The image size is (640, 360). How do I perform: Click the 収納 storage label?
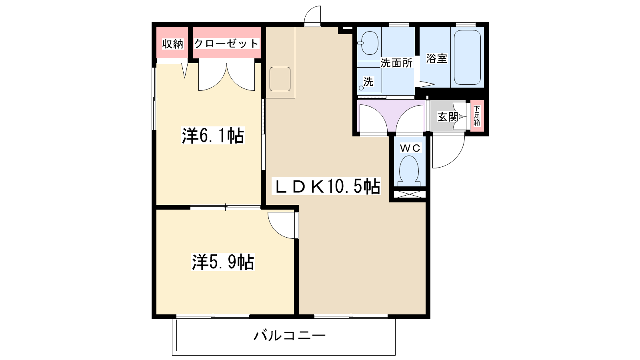coord(172,44)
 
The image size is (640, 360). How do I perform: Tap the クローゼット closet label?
coord(226,44)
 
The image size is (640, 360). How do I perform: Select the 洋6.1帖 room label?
coord(213,136)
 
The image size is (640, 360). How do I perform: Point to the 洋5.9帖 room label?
coord(223,262)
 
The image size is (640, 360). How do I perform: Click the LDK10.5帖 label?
coord(326,186)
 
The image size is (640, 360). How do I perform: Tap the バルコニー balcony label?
coord(290,335)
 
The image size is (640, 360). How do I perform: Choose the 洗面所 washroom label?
coord(396,63)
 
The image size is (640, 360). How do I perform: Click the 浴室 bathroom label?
coord(436,58)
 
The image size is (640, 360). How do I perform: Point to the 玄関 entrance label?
coord(448,117)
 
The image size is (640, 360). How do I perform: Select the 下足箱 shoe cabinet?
coord(477,116)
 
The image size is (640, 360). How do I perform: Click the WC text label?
coord(410,148)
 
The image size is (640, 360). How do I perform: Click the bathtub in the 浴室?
coord(467,58)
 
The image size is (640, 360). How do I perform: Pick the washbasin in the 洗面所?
coord(370,43)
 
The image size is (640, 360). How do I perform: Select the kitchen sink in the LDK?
coord(280,79)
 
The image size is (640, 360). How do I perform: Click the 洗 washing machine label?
coord(368,82)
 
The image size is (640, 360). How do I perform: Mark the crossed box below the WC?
coord(410,194)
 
